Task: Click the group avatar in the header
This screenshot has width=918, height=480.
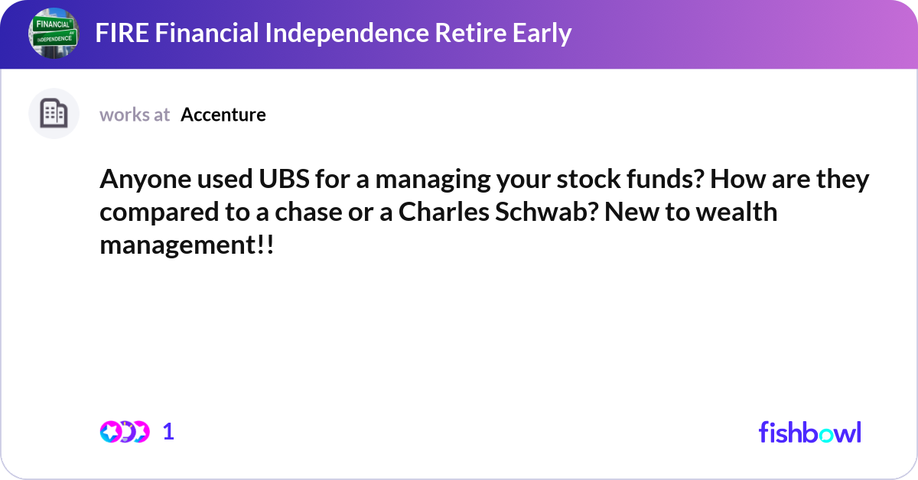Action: coord(54,34)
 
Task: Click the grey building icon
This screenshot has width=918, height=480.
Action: coord(54,114)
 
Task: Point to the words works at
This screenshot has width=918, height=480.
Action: coord(135,115)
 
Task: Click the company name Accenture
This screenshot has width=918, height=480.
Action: coord(223,115)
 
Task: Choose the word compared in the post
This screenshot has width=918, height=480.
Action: coord(159,212)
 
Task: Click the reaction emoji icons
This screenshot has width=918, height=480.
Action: coord(124,432)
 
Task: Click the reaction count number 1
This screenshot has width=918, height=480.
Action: coord(168,432)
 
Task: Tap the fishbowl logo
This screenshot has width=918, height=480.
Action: coord(809,432)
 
